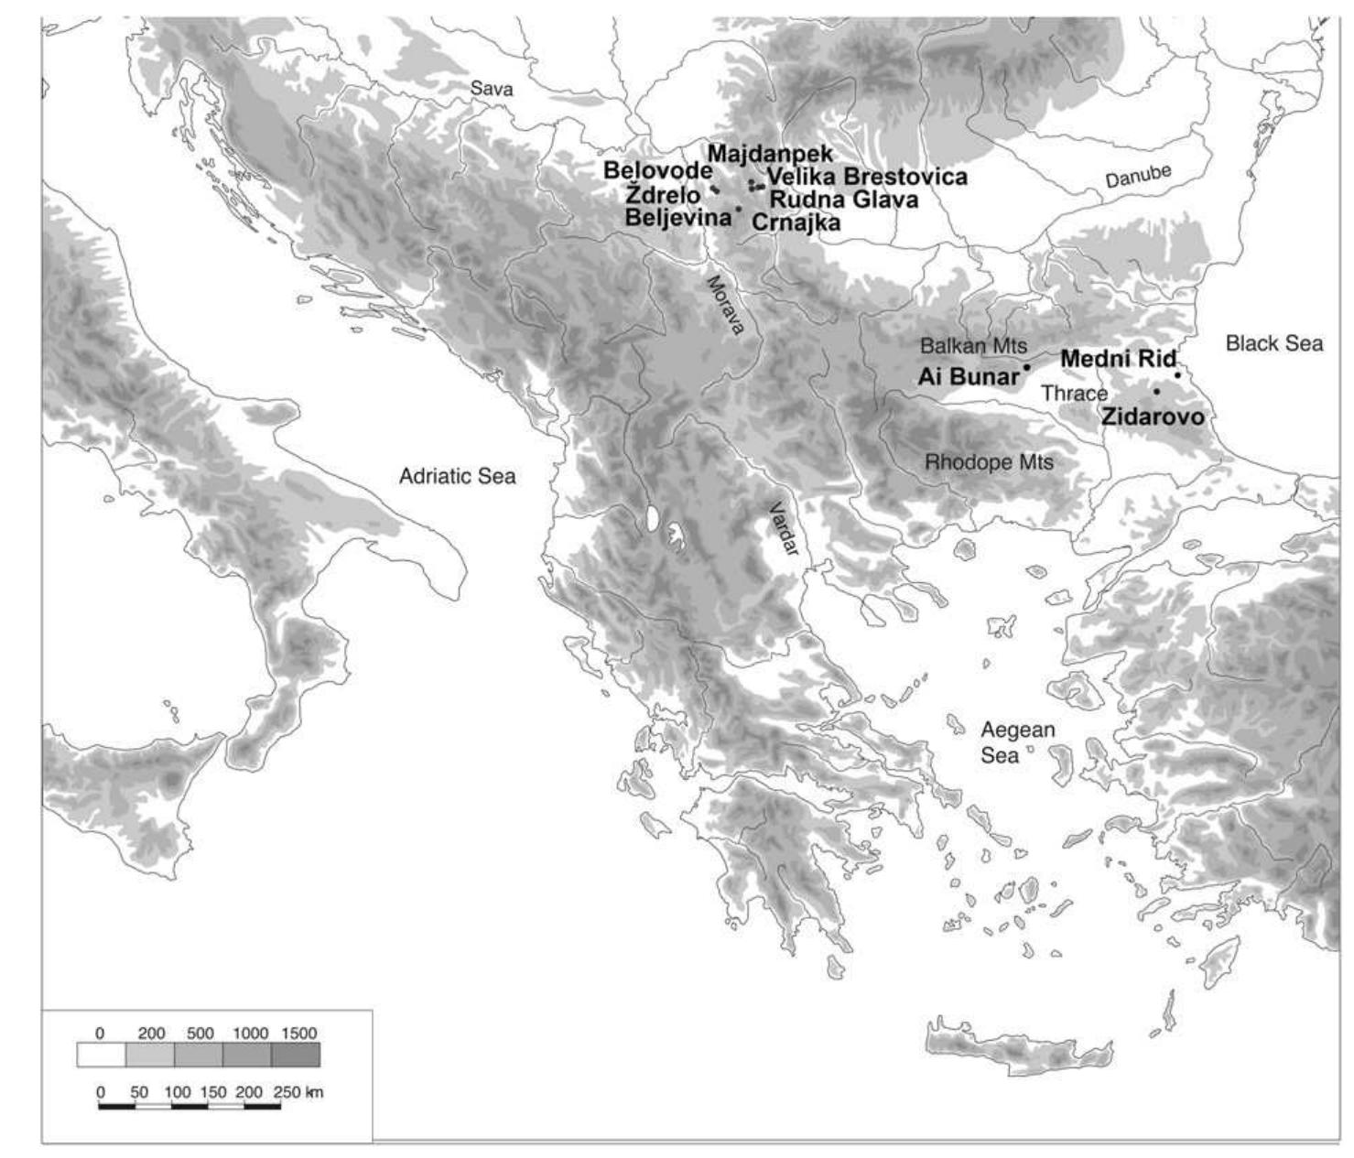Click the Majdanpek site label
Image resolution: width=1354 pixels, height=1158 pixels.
pyautogui.click(x=770, y=154)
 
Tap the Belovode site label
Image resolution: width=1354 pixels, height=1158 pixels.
pyautogui.click(x=656, y=171)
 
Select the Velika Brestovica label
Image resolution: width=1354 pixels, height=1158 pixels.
pyautogui.click(x=866, y=177)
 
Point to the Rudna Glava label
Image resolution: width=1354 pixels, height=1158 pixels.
pyautogui.click(x=843, y=200)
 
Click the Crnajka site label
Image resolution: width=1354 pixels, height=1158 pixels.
pyautogui.click(x=796, y=222)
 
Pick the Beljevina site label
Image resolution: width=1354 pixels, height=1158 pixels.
pyautogui.click(x=677, y=218)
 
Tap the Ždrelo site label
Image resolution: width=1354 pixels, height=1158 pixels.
pyautogui.click(x=663, y=195)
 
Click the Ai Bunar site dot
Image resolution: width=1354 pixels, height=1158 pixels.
pyautogui.click(x=1027, y=367)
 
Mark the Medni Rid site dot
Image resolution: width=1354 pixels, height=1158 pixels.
pyautogui.click(x=1177, y=374)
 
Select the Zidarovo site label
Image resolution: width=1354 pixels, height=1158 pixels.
pyautogui.click(x=1152, y=417)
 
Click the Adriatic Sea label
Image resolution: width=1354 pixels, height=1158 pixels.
pyautogui.click(x=457, y=476)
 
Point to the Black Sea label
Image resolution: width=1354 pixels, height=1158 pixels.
pyautogui.click(x=1273, y=343)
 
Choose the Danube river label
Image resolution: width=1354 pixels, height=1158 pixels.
pyautogui.click(x=1138, y=177)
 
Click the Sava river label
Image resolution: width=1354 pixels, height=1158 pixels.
pyautogui.click(x=492, y=89)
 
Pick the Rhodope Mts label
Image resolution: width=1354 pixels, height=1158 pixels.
pyautogui.click(x=989, y=462)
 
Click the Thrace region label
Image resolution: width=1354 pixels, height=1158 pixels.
pyautogui.click(x=1074, y=394)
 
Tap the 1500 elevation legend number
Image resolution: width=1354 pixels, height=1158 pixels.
pyautogui.click(x=298, y=1034)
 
